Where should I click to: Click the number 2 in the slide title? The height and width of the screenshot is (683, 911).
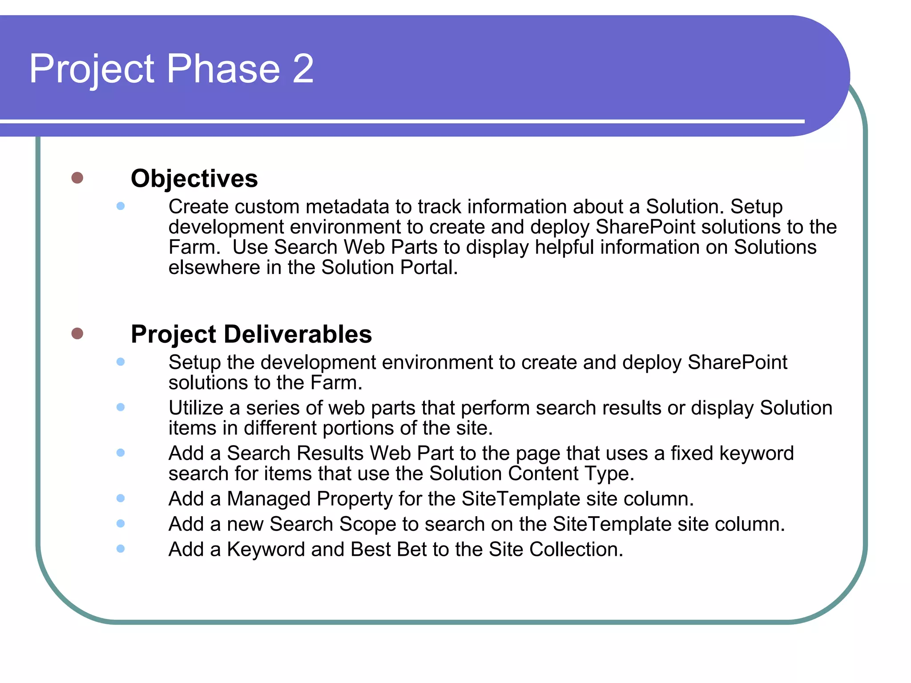point(303,69)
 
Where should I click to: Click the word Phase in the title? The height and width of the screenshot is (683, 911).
point(223,69)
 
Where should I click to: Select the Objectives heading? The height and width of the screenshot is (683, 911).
point(194,178)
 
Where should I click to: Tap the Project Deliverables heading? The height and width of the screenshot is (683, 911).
point(251,334)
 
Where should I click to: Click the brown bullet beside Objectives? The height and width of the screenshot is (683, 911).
point(77,178)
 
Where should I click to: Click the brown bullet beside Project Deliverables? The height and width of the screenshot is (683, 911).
point(77,333)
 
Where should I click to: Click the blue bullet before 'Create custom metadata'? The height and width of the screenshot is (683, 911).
point(121,206)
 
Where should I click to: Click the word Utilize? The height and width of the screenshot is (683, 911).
point(196,408)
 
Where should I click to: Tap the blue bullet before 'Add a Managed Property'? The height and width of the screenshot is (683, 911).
point(121,498)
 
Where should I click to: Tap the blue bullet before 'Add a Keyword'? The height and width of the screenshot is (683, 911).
point(121,549)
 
